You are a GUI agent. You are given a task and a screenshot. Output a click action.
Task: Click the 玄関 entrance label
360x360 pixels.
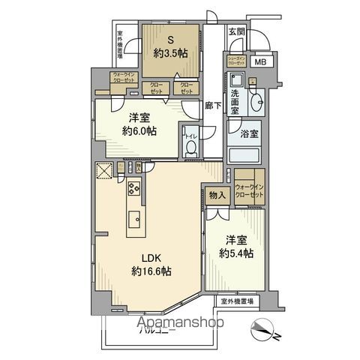[236, 31]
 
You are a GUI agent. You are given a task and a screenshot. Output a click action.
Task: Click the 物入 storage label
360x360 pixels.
[216, 196]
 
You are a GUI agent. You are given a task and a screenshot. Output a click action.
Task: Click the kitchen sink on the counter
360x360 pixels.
[133, 219]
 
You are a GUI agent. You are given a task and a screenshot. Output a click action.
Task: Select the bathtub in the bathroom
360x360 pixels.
[244, 155]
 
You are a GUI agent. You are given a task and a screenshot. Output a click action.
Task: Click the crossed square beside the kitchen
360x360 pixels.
[103, 171]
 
